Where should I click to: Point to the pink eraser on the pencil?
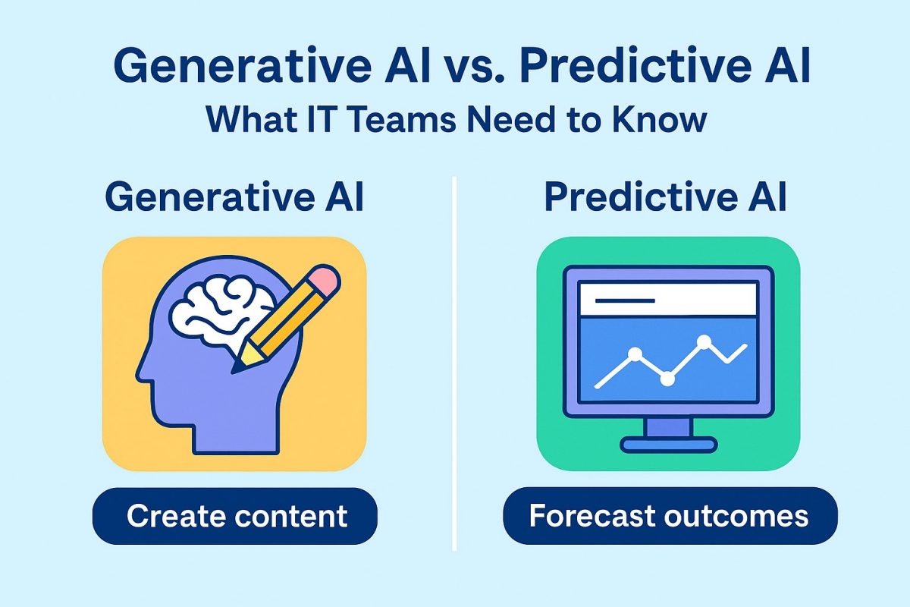pyautogui.click(x=325, y=278)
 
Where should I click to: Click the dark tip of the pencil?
pyautogui.click(x=236, y=368)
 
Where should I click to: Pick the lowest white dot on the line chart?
pyautogui.click(x=667, y=379)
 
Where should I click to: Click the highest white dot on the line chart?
pyautogui.click(x=704, y=341)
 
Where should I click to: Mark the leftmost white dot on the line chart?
pyautogui.click(x=635, y=354)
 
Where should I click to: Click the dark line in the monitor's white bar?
pyautogui.click(x=625, y=301)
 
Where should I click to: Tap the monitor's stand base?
pyautogui.click(x=668, y=445)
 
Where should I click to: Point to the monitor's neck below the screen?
pyautogui.click(x=668, y=427)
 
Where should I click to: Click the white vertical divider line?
pyautogui.click(x=454, y=363)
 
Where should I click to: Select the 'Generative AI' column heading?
pyautogui.click(x=234, y=197)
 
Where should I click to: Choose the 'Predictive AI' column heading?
pyautogui.click(x=666, y=197)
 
